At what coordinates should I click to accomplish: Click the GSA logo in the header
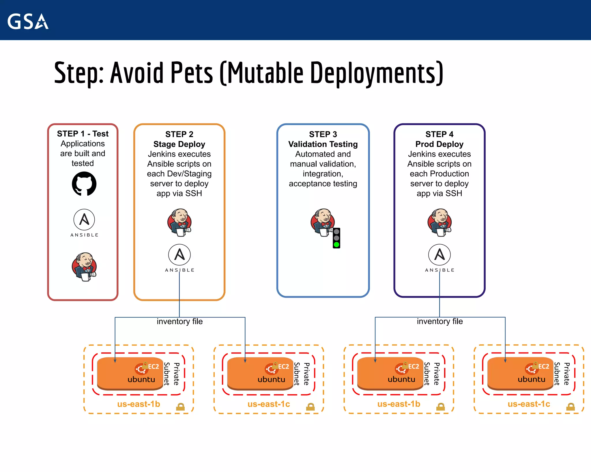click(28, 21)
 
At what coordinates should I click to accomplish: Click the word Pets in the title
click(192, 73)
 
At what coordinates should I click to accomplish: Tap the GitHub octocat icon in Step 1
click(84, 184)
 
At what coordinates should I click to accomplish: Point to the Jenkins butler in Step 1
click(84, 267)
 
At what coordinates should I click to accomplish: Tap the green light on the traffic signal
click(336, 245)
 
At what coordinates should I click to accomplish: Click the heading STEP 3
click(323, 134)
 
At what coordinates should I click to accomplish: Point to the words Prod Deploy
click(439, 144)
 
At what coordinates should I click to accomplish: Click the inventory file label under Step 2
click(179, 321)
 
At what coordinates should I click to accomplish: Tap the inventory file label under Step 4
click(439, 321)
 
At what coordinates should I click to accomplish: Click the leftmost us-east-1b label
click(139, 404)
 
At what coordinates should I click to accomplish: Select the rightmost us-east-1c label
click(529, 404)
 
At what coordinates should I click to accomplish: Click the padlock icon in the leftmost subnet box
click(180, 407)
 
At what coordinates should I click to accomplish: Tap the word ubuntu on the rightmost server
click(531, 379)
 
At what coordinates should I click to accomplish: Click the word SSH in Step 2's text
click(194, 193)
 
